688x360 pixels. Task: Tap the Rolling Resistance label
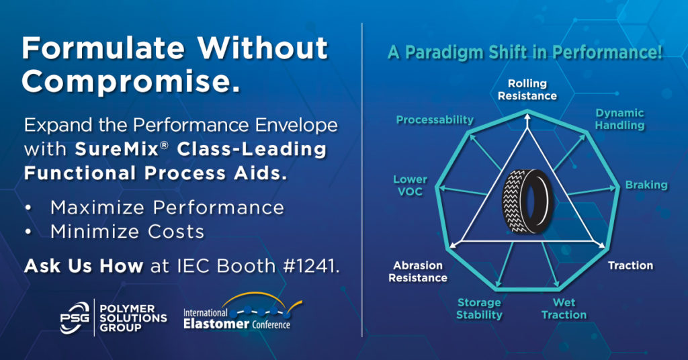click(x=527, y=89)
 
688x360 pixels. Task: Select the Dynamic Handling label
click(x=619, y=120)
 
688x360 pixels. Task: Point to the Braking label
click(x=646, y=185)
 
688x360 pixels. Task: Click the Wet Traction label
click(x=564, y=309)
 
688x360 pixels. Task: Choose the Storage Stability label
click(x=479, y=309)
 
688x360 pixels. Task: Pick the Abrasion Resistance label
click(x=418, y=271)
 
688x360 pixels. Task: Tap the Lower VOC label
click(x=410, y=185)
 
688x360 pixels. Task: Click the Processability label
click(x=435, y=120)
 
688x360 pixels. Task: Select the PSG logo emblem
click(x=75, y=318)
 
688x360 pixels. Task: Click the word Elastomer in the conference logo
click(x=216, y=324)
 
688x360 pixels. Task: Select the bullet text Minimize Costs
click(x=127, y=232)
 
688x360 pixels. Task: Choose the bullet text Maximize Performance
click(x=167, y=208)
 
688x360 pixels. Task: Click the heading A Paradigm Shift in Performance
click(x=525, y=52)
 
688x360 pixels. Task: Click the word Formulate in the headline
click(x=103, y=48)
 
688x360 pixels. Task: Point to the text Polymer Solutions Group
click(x=133, y=318)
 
